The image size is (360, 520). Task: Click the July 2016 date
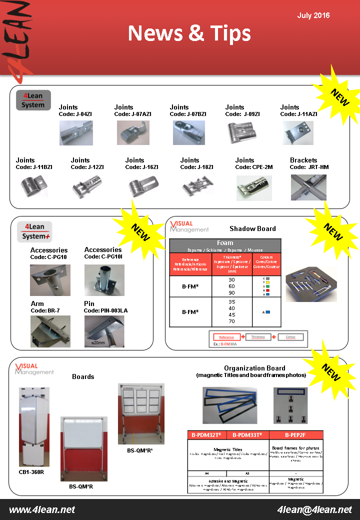coord(313,15)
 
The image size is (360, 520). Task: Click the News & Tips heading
coord(189,33)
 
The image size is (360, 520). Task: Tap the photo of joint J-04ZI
coord(76,132)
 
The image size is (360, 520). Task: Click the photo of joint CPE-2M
coord(254,188)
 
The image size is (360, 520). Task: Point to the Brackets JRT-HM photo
coord(308,187)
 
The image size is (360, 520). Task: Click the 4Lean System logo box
coord(33,99)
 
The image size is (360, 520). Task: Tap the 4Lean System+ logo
coord(34,231)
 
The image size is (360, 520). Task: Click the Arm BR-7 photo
coord(50,331)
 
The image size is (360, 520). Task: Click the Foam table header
coord(225,243)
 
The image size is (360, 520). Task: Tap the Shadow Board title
coord(252,228)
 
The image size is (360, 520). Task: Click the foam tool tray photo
coord(310,284)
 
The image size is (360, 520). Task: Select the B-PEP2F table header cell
coord(296,435)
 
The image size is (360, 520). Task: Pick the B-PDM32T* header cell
coord(207,435)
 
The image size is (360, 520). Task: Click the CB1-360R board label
coord(31,471)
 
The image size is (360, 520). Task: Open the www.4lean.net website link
coord(42,509)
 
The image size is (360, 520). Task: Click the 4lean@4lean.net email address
coord(314,509)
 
